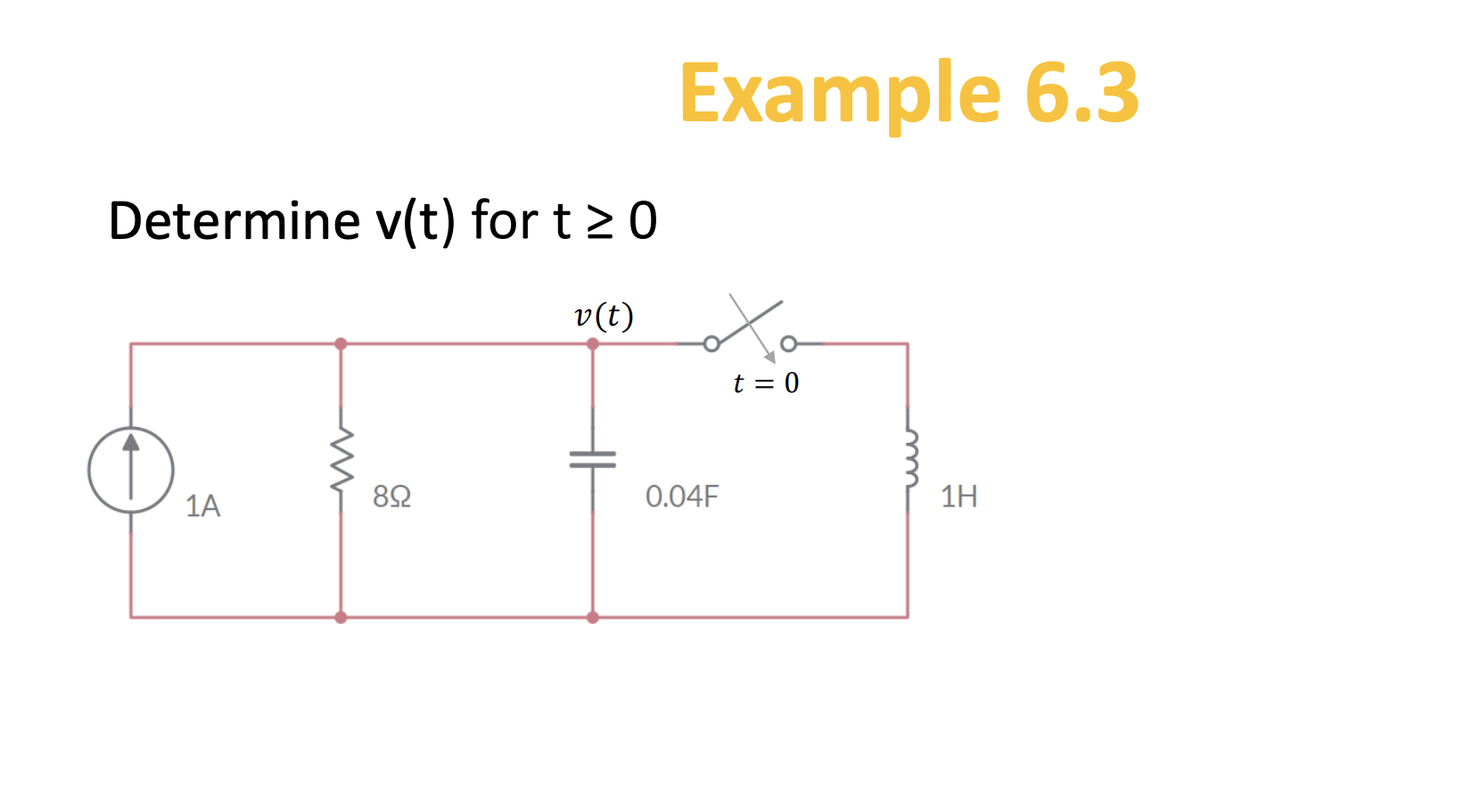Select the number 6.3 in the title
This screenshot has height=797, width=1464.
point(1082,93)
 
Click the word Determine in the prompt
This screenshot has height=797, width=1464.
point(234,221)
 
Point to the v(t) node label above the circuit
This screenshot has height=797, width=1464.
point(604,316)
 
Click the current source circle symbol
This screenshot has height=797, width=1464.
point(131,470)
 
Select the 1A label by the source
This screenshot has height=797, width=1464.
point(202,506)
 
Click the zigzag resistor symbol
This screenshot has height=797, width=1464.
point(341,460)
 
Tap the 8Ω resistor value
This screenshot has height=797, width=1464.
point(392,497)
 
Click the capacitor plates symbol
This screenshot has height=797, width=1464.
point(593,459)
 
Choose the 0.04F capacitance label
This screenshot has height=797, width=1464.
point(681,497)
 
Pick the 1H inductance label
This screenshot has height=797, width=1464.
point(959,497)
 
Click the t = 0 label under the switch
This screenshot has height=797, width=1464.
point(766,383)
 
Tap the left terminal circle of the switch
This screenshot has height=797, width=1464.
point(711,344)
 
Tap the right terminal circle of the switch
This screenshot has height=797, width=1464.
point(788,344)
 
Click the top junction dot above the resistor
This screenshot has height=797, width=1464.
point(341,344)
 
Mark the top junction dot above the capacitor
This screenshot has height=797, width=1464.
point(593,344)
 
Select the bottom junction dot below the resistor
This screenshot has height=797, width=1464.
point(341,617)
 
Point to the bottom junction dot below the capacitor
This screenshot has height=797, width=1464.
point(593,617)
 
